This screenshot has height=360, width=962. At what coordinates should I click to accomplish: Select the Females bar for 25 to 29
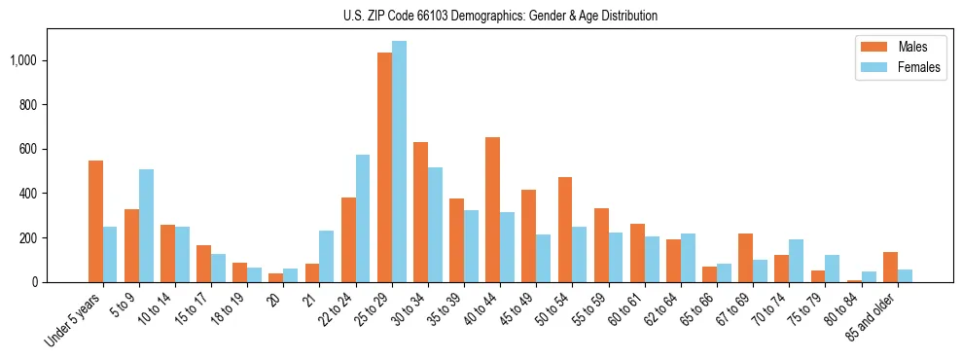[x=399, y=162]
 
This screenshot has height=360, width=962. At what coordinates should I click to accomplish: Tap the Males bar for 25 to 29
[x=384, y=167]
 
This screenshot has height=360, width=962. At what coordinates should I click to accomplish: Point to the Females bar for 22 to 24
[x=363, y=219]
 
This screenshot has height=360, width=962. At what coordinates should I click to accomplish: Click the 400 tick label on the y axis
[x=26, y=194]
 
